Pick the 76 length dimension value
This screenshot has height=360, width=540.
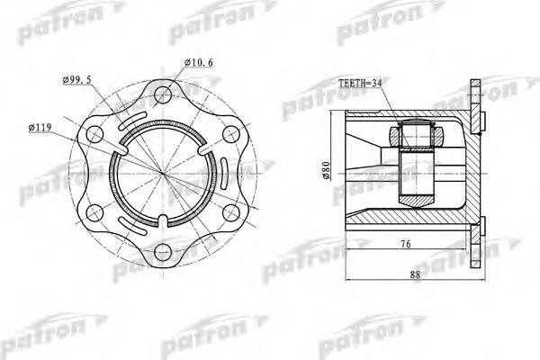[x=408, y=244]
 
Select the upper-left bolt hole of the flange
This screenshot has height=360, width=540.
[x=94, y=134]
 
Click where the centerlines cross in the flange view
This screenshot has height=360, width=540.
[x=162, y=172]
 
